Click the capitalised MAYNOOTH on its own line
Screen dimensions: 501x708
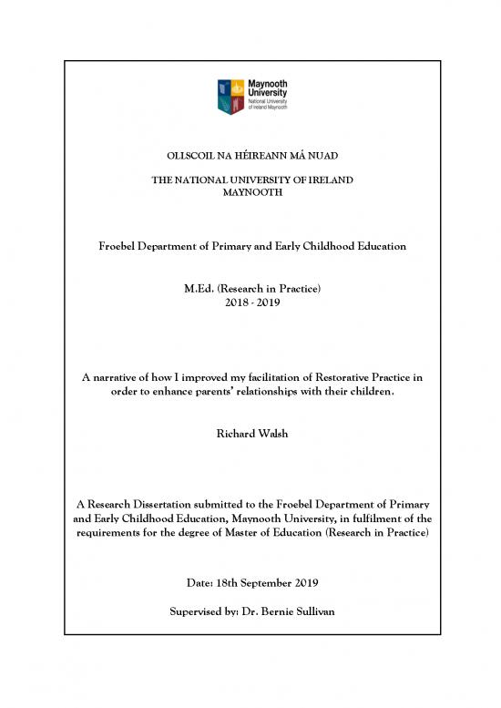tap(250, 193)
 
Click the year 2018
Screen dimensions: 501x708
tap(233, 303)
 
